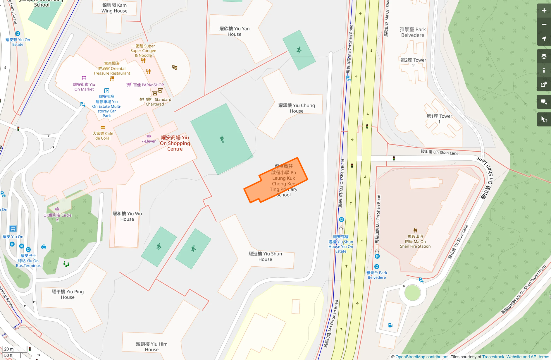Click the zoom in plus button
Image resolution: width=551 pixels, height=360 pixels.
544,11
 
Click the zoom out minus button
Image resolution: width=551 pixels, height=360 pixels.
544,25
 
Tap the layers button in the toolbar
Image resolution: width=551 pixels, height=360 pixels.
544,56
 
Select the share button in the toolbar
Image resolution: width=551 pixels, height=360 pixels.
544,84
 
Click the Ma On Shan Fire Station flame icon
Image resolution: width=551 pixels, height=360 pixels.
415,230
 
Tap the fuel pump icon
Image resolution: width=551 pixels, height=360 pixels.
390,325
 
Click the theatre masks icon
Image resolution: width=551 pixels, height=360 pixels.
175,67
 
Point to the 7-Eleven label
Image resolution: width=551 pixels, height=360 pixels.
149,141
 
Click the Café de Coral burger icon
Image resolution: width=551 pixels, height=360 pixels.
103,128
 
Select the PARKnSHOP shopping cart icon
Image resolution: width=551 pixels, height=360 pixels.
129,85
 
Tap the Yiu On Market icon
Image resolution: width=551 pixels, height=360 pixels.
84,78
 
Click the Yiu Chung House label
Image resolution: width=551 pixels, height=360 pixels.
297,108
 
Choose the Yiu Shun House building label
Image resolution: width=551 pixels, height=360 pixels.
265,256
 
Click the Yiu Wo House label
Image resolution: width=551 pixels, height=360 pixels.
127,216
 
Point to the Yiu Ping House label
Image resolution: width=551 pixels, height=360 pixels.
68,294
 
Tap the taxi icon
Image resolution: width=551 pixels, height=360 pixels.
44,246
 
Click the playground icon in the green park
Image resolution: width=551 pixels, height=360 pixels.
66,264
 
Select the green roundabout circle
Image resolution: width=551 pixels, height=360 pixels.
412,293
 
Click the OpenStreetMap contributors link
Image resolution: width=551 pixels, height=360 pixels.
422,357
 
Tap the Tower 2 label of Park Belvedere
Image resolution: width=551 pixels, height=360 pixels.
413,63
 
